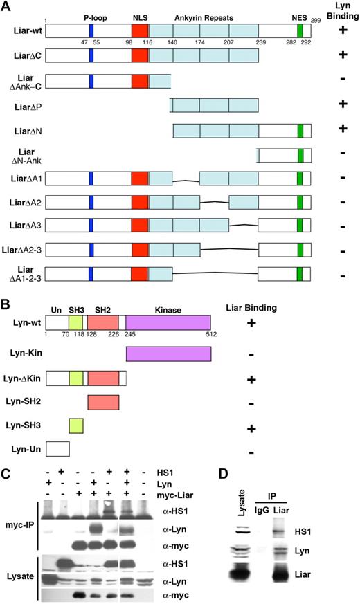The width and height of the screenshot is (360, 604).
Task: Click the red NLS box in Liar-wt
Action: point(140,30)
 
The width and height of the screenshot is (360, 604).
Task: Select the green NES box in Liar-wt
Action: point(300,30)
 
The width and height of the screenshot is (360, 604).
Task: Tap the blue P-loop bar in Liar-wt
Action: point(91,30)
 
